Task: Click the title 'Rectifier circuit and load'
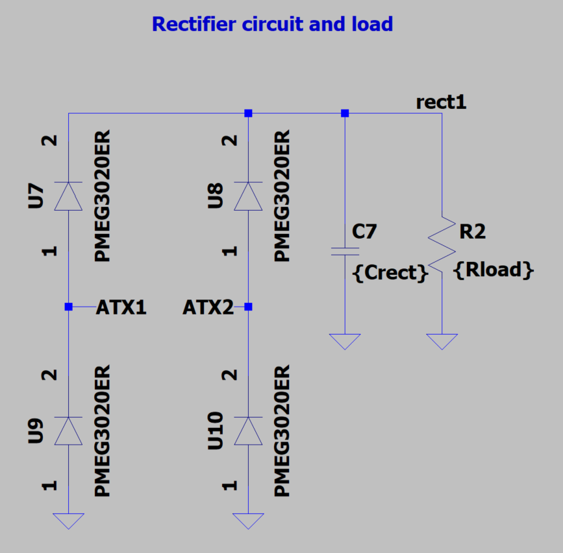(x=272, y=25)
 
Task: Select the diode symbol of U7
(x=68, y=196)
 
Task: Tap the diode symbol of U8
(x=247, y=196)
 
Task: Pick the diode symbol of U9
(x=68, y=431)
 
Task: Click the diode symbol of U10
(x=247, y=431)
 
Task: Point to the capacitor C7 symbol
(x=344, y=251)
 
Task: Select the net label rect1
(x=441, y=102)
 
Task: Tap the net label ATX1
(x=121, y=307)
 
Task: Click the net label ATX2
(x=208, y=307)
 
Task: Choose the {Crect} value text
(x=390, y=273)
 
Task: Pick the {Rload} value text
(x=494, y=270)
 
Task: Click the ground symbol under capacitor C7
(x=344, y=342)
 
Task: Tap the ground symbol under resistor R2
(x=442, y=342)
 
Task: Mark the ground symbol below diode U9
(x=68, y=521)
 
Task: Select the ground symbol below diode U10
(x=247, y=521)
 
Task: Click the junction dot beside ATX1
(x=68, y=307)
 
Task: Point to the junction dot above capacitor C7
(x=344, y=113)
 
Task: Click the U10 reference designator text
(x=215, y=430)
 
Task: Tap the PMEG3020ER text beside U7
(x=102, y=196)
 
